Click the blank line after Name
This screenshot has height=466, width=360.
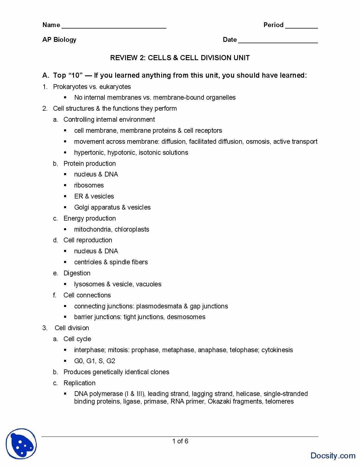tap(114, 27)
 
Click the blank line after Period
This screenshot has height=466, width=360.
tap(302, 27)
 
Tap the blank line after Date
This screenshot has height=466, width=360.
tap(278, 42)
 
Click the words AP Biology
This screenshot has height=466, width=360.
tap(59, 40)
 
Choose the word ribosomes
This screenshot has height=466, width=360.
tap(89, 185)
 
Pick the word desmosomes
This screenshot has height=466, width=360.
tap(186, 317)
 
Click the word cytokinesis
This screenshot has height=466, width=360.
tap(277, 350)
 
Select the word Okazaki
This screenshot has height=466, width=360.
tap(219, 401)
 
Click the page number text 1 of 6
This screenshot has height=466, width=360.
tap(180, 441)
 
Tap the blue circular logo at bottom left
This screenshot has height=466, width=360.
tap(21, 444)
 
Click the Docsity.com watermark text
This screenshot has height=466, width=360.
tap(333, 455)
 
